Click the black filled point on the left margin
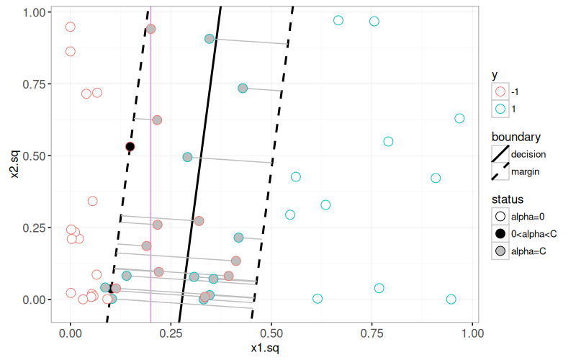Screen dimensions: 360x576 click(130, 147)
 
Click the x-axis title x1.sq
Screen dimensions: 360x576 click(271, 349)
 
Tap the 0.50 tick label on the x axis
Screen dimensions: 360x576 click(271, 335)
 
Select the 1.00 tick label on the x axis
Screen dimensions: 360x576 click(472, 335)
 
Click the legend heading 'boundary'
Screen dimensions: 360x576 click(516, 137)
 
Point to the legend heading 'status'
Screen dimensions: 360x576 click(508, 199)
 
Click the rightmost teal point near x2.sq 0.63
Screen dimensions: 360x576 click(459, 118)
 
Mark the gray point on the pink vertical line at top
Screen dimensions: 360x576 click(150, 29)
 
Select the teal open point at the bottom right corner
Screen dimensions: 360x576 click(451, 299)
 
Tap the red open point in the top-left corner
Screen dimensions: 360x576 click(70, 27)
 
